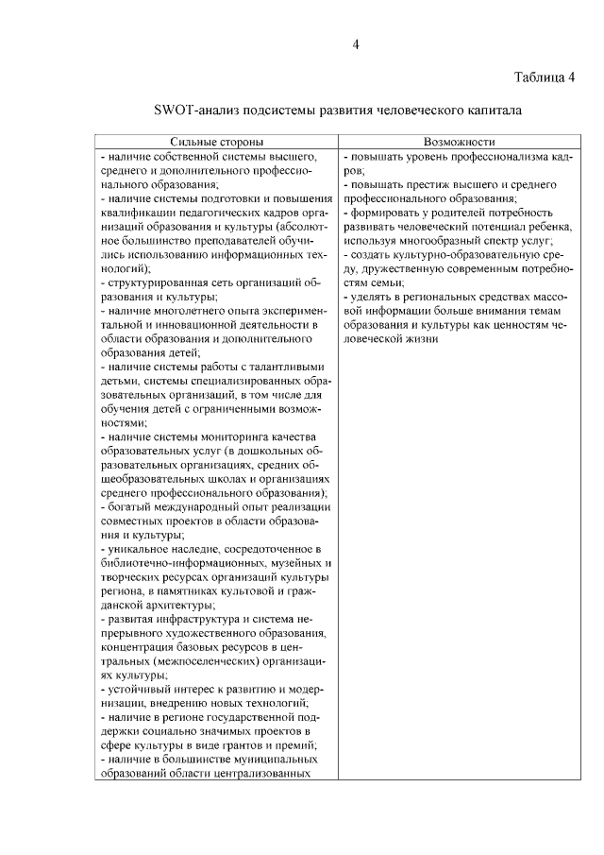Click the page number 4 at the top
click(x=356, y=44)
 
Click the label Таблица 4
click(x=545, y=77)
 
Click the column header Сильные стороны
click(x=216, y=139)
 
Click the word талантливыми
click(x=282, y=366)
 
